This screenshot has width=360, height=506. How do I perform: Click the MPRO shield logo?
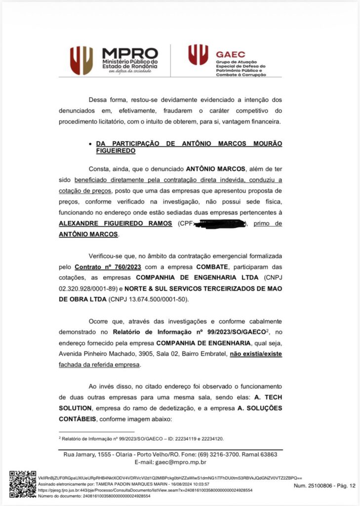pos(81,60)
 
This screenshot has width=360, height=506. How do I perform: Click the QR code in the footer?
pos(23,484)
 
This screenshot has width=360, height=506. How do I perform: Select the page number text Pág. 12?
pos(346,486)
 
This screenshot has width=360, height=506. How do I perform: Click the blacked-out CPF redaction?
pos(220,224)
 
